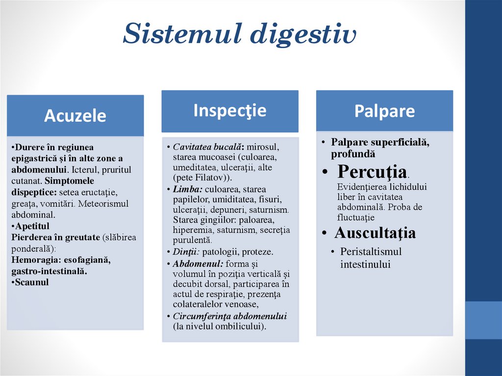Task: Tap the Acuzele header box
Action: pos(75,116)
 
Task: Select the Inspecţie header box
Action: pos(229,110)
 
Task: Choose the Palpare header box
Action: pos(384,111)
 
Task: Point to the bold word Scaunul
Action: pos(32,282)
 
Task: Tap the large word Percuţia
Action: pos(373,172)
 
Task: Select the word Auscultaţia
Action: pos(375,233)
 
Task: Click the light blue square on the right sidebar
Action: pos(483,320)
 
